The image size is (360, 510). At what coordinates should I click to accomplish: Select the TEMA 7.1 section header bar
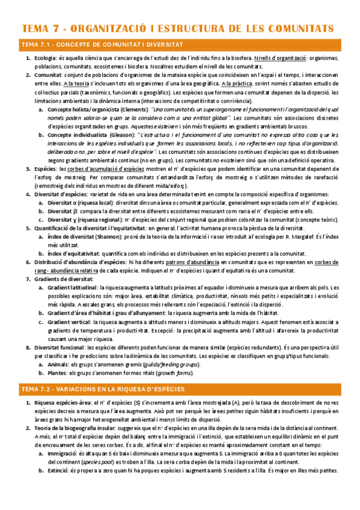[x=180, y=45]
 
